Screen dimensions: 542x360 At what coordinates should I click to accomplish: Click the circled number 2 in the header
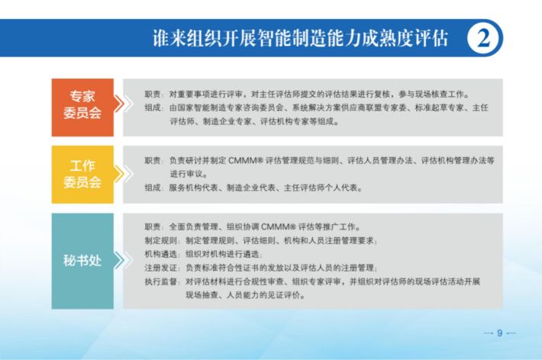coord(484,38)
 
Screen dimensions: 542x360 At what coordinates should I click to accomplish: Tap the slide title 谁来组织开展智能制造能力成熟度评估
coord(300,38)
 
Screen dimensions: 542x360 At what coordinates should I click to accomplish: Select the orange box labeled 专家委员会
coord(82,108)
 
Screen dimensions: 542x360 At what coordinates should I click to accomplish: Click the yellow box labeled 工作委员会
coord(82,175)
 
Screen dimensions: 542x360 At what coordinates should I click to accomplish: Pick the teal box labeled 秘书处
coord(82,261)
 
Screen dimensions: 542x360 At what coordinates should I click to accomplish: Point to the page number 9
coord(499,333)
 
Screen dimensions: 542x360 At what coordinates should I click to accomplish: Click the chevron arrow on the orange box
coord(123,104)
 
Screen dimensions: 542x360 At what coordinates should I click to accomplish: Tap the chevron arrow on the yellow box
coord(123,174)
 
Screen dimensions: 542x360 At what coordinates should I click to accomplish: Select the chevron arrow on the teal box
coord(123,260)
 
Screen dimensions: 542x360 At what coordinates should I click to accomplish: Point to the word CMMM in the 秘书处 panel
coord(276,227)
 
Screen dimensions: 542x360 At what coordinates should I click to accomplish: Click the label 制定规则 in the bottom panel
coord(161,240)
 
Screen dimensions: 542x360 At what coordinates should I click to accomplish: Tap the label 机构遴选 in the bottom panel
coord(161,254)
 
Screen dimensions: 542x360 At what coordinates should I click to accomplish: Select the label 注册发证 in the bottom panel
coord(161,268)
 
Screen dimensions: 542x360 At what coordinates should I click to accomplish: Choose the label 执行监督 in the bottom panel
coord(161,281)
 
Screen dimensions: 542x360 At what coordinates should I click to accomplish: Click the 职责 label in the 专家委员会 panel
coord(153,94)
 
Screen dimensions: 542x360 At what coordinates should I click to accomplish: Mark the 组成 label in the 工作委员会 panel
coord(153,188)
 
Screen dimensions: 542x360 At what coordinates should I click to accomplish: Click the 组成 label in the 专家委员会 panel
coord(153,108)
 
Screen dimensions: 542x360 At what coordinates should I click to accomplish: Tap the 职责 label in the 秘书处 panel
coord(153,227)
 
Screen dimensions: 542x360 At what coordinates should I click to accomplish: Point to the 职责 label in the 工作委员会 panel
coord(153,160)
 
